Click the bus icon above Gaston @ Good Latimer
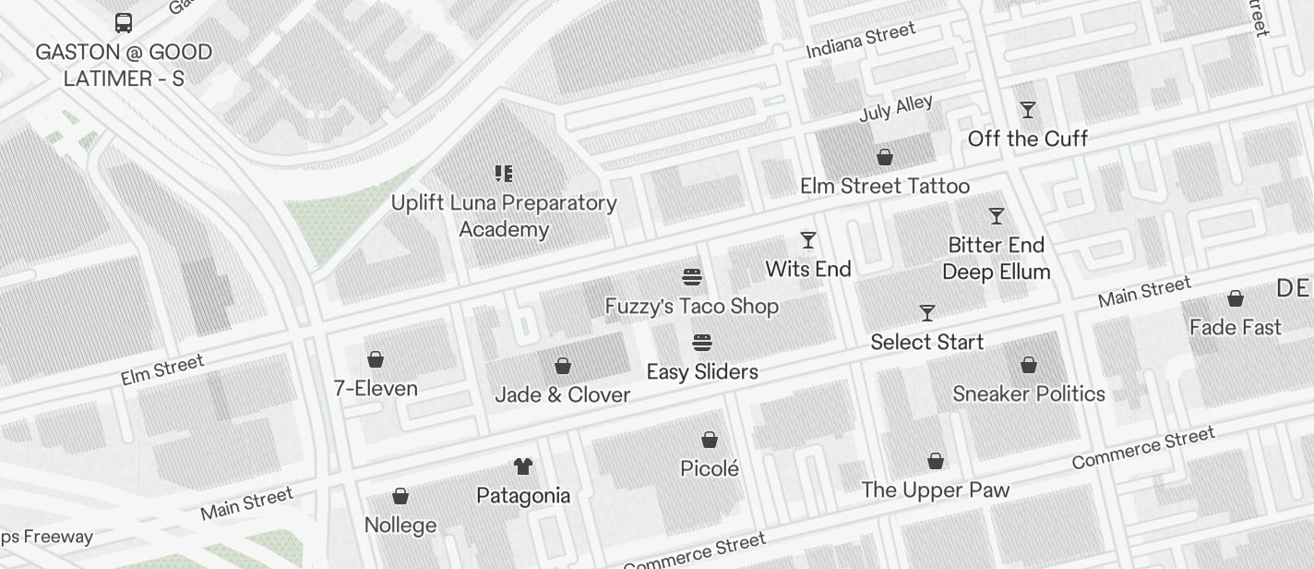(124, 23)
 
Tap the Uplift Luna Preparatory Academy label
(504, 216)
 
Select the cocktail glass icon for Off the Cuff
(1027, 110)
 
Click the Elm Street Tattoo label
(884, 187)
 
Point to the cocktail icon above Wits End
(808, 240)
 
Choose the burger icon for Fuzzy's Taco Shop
(692, 277)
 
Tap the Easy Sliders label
(702, 372)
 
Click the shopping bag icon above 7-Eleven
(376, 359)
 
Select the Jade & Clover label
(562, 395)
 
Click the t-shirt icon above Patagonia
(523, 466)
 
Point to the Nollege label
(400, 526)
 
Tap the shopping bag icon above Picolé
(710, 440)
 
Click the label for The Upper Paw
(935, 490)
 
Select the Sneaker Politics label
(1028, 394)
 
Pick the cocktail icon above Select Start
(927, 313)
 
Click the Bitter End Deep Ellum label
(996, 259)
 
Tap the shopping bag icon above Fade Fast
(1235, 298)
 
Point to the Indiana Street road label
(861, 41)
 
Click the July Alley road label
(896, 108)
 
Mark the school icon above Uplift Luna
(504, 173)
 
